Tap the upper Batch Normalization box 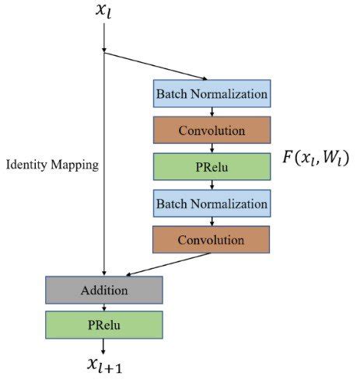click(x=212, y=94)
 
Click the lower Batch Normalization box click(x=212, y=204)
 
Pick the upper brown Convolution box click(x=212, y=131)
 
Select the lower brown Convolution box click(x=212, y=241)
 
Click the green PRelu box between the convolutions click(x=212, y=168)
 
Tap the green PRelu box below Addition click(x=103, y=325)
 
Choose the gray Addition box click(x=103, y=290)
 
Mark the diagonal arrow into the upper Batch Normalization click(x=156, y=66)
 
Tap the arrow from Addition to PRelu click(x=103, y=307)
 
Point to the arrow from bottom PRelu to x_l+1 click(x=103, y=346)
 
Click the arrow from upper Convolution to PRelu click(x=212, y=149)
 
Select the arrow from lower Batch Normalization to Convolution click(x=212, y=222)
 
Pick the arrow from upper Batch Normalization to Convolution click(x=212, y=112)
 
